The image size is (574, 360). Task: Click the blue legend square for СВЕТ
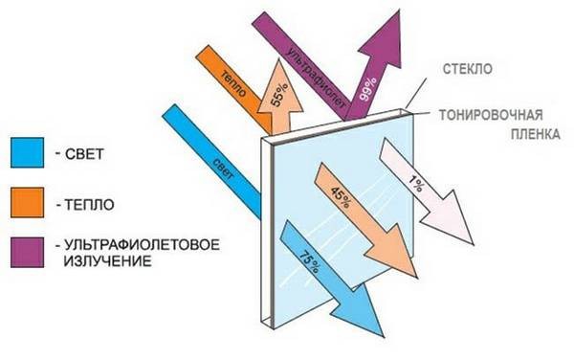point(27,153)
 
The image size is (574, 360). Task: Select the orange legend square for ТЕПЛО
point(27,203)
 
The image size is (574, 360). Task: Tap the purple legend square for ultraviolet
point(27,253)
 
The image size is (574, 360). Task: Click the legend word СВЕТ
point(84,154)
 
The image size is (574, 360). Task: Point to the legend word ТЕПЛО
point(90,204)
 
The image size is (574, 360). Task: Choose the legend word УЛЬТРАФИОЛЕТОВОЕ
point(143,245)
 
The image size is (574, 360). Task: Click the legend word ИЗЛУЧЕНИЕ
point(107,261)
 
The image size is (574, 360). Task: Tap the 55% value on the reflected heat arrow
point(279,95)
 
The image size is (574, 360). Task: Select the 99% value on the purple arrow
point(368,89)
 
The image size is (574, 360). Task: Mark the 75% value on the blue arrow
point(310,261)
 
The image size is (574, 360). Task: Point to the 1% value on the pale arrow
point(415,184)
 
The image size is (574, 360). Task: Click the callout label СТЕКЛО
point(468,69)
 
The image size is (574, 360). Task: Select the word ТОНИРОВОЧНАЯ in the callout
point(491,115)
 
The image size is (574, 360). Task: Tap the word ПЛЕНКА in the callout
point(535,134)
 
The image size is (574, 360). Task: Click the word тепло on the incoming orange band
point(232,83)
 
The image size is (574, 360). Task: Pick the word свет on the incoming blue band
point(223,169)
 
